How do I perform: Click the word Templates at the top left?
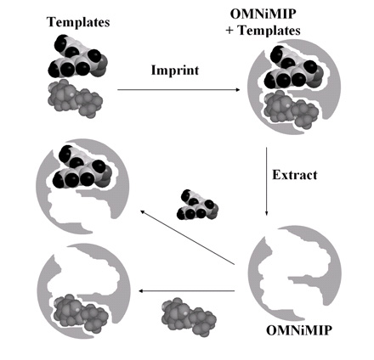tap(78, 22)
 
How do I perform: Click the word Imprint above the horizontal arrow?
tap(175, 70)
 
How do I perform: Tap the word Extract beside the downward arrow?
tap(295, 175)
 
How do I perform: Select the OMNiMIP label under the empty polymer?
tap(299, 330)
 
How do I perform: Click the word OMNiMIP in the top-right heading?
tap(263, 14)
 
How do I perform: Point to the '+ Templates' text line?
tap(263, 31)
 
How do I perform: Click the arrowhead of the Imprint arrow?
tap(237, 90)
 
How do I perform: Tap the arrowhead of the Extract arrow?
tap(266, 213)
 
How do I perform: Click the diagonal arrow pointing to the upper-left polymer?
tap(188, 238)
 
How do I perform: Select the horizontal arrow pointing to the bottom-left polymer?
tap(187, 291)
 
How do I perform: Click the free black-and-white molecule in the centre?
tap(197, 205)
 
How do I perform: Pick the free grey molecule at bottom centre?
tap(189, 317)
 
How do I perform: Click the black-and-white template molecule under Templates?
tap(77, 56)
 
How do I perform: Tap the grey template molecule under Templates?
tap(75, 98)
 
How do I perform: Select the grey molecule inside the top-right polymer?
tap(292, 109)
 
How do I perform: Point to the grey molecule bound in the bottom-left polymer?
tap(81, 313)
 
